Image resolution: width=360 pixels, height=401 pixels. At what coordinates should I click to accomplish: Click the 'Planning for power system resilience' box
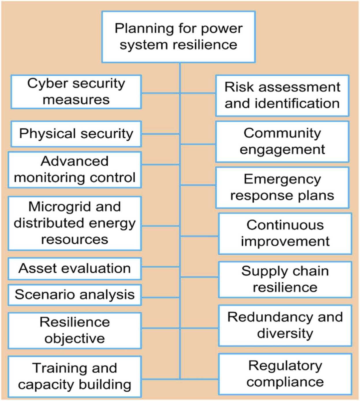pos(178,37)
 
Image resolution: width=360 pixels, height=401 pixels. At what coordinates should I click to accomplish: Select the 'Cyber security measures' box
pos(76,92)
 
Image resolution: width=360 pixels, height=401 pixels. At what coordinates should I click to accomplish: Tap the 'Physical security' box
pos(76,134)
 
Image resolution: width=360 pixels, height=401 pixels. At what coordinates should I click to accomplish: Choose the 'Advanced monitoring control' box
pos(75,170)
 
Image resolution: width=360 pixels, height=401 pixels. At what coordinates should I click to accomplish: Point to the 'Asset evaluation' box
pos(75,268)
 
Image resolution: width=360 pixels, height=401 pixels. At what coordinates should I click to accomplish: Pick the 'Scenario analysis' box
pos(75,295)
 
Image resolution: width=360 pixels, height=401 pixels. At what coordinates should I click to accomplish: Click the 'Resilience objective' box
pos(75,331)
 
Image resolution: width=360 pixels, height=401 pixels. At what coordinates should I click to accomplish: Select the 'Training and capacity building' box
pos(75,377)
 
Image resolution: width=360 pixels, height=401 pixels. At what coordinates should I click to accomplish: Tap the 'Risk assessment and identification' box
pos(282,95)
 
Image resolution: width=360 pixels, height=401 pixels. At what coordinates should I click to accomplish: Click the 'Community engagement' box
pos(282,142)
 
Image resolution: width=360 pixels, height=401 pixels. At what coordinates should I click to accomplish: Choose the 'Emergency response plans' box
pos(282,188)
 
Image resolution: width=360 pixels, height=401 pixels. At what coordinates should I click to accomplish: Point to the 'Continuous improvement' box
pos(285,234)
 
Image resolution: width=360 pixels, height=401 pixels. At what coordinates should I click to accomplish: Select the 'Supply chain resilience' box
pos(285,279)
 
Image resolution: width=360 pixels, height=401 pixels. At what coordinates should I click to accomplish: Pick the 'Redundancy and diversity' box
pos(285,326)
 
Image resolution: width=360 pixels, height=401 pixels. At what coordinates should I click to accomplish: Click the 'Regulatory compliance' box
pos(285,374)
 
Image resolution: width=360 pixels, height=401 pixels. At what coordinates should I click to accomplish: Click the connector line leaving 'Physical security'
pos(161,134)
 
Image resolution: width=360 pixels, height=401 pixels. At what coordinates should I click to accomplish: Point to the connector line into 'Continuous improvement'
pos(199,236)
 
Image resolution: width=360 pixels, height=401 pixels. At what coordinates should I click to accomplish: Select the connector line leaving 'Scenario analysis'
pos(161,297)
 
